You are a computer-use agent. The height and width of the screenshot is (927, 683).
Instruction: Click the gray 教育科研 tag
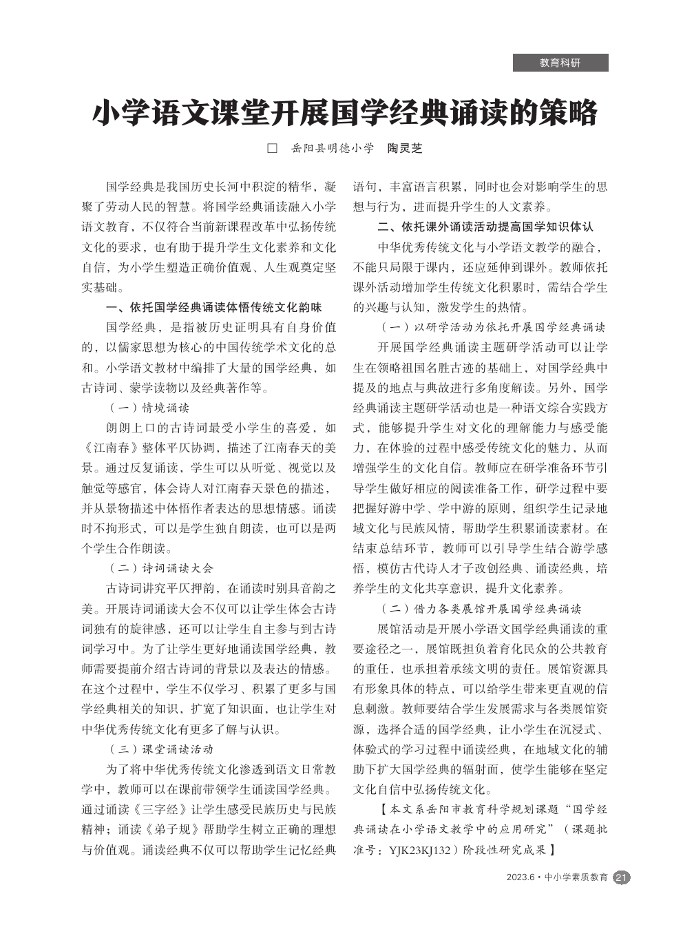(x=560, y=63)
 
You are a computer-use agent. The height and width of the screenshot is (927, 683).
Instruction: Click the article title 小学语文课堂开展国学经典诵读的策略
(x=344, y=113)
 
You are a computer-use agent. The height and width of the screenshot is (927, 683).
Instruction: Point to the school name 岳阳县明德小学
(x=333, y=148)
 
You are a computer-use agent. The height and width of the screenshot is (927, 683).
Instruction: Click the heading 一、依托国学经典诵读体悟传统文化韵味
(x=213, y=307)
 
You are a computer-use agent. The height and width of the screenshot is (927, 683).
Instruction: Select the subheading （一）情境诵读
(x=149, y=408)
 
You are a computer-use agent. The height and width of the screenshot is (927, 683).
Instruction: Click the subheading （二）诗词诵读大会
(x=161, y=568)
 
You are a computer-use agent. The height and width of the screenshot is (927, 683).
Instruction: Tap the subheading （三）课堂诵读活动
(x=161, y=749)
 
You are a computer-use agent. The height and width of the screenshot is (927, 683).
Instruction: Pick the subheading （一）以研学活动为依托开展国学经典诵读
(x=492, y=327)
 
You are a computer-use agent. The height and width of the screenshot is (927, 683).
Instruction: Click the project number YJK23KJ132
(x=419, y=850)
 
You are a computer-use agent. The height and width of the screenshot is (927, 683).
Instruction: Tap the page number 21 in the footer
(x=621, y=877)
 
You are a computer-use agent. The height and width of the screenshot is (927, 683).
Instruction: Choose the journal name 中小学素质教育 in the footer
(x=576, y=877)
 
